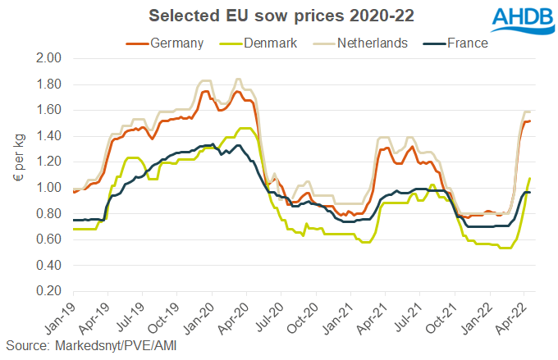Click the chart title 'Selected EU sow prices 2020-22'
coord(258,16)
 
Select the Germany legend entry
coord(164,43)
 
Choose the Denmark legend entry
coord(262,43)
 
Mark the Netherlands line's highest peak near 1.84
coord(238,80)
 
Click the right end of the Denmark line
coord(530,178)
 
